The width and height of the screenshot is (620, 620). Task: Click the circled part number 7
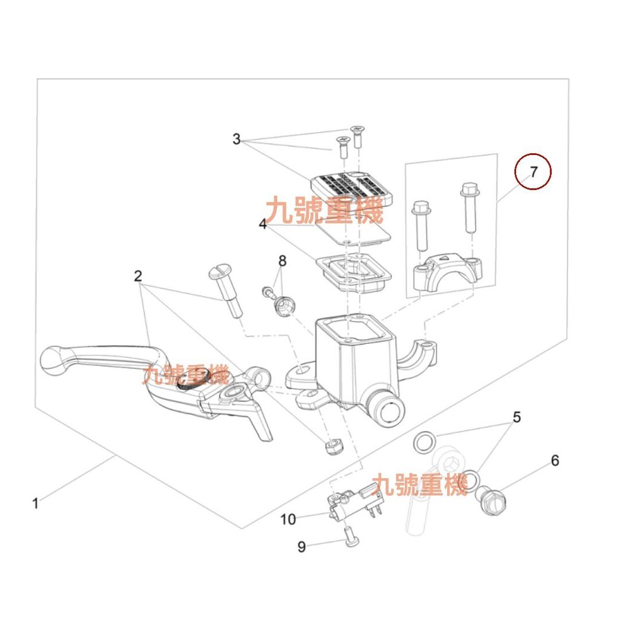534,172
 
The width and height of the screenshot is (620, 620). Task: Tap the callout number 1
36,504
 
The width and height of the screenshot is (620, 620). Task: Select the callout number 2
137,276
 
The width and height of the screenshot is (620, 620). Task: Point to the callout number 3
237,139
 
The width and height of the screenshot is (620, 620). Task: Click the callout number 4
263,224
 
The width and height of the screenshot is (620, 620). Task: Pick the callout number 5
517,417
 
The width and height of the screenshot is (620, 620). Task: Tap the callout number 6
555,461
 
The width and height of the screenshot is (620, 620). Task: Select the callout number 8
282,261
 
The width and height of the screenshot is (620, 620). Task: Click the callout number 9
302,547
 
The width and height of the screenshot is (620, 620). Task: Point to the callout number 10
288,519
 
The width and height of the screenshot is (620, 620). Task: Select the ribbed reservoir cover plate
352,189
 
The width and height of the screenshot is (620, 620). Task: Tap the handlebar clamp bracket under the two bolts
448,273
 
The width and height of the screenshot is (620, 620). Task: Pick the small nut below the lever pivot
334,446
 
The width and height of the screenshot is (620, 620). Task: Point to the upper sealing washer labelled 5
424,443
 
